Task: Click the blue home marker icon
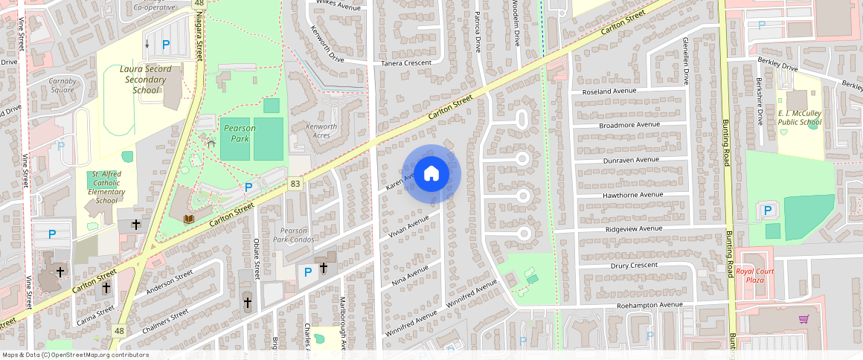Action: (431, 174)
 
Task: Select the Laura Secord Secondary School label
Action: (146, 80)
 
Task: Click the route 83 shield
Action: (296, 183)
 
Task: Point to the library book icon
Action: (189, 218)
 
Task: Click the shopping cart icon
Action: (803, 319)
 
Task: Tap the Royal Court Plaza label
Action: (755, 276)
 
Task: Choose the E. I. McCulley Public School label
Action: (800, 118)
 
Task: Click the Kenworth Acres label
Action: (321, 131)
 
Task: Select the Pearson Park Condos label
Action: (293, 235)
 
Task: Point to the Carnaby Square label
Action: (62, 85)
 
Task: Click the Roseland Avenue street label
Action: (610, 91)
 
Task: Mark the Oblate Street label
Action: (257, 255)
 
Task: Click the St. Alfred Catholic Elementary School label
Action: (106, 187)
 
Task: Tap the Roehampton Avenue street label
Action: (649, 305)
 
